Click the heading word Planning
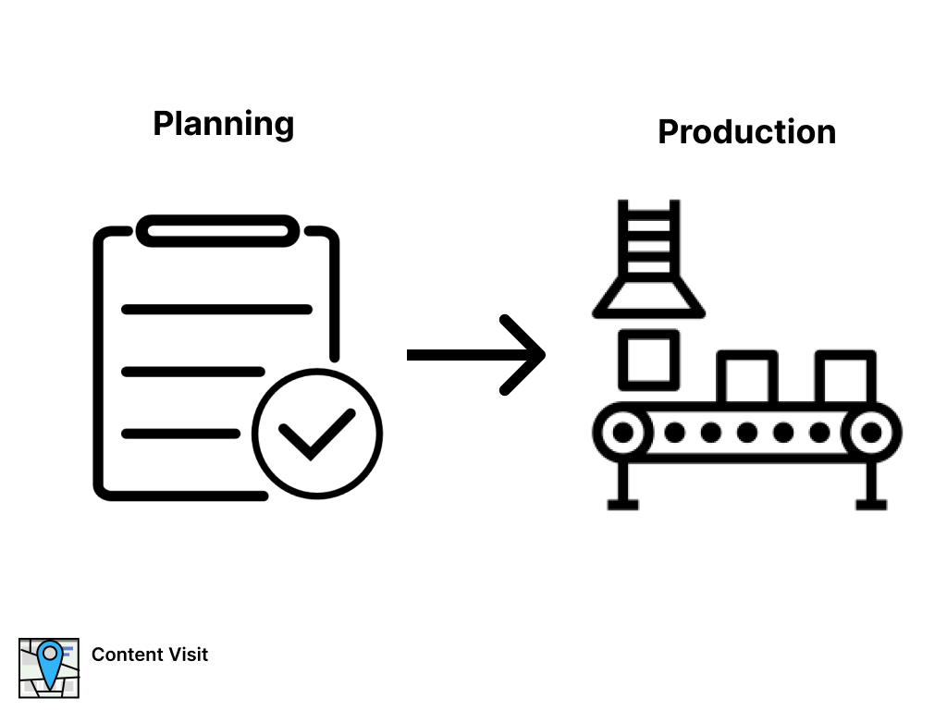(x=223, y=124)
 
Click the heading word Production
(x=746, y=132)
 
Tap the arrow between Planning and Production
(x=475, y=355)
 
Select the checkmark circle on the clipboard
(x=317, y=434)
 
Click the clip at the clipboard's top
(x=218, y=231)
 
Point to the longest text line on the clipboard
(x=216, y=310)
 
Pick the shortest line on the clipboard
(x=181, y=434)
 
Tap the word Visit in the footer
(x=188, y=655)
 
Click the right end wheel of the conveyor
(x=870, y=432)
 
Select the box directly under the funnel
(x=648, y=360)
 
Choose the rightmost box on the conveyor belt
(x=845, y=377)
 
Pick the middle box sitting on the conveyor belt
(x=747, y=377)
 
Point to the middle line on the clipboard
(x=192, y=372)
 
